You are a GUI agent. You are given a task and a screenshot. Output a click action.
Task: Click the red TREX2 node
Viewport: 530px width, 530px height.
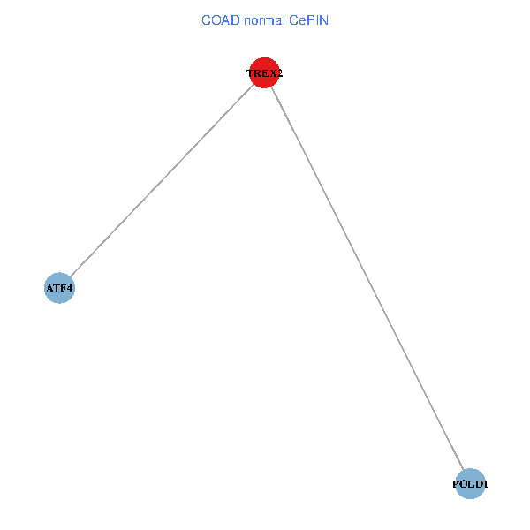coord(265,73)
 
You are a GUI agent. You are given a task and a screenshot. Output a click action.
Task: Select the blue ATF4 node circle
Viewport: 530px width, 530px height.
coord(59,288)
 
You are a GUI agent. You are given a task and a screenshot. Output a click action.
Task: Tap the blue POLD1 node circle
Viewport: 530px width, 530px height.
coord(471,484)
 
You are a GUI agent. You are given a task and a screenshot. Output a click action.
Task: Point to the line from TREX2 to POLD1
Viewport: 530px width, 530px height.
coord(367,278)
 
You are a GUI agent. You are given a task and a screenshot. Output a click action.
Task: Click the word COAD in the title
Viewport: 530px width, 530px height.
coord(218,19)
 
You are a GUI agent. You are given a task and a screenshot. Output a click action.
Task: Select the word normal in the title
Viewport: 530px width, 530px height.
coord(263,19)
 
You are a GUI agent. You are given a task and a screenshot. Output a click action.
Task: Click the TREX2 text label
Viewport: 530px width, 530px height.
coord(265,73)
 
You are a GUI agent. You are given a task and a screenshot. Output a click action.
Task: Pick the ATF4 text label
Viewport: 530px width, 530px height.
coord(59,288)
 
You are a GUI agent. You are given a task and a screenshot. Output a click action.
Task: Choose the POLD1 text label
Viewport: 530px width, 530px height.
coord(471,484)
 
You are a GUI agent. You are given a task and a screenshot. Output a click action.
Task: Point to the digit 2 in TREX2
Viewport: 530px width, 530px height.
coord(279,73)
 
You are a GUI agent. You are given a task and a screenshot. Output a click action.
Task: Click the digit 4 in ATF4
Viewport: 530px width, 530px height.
coord(70,288)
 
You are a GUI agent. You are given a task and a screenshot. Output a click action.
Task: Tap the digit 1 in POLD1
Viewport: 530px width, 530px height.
coord(485,484)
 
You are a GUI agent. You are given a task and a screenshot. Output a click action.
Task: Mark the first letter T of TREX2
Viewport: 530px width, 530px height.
coord(250,73)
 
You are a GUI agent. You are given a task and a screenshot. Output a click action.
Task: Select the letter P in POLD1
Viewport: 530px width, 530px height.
coord(456,484)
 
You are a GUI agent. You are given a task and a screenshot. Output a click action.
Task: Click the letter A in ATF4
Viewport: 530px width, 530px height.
coord(49,288)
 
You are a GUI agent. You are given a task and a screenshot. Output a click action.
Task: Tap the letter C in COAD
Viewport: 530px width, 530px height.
coord(206,19)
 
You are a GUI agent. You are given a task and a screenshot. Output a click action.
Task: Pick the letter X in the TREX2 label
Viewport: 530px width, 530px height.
coord(272,73)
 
